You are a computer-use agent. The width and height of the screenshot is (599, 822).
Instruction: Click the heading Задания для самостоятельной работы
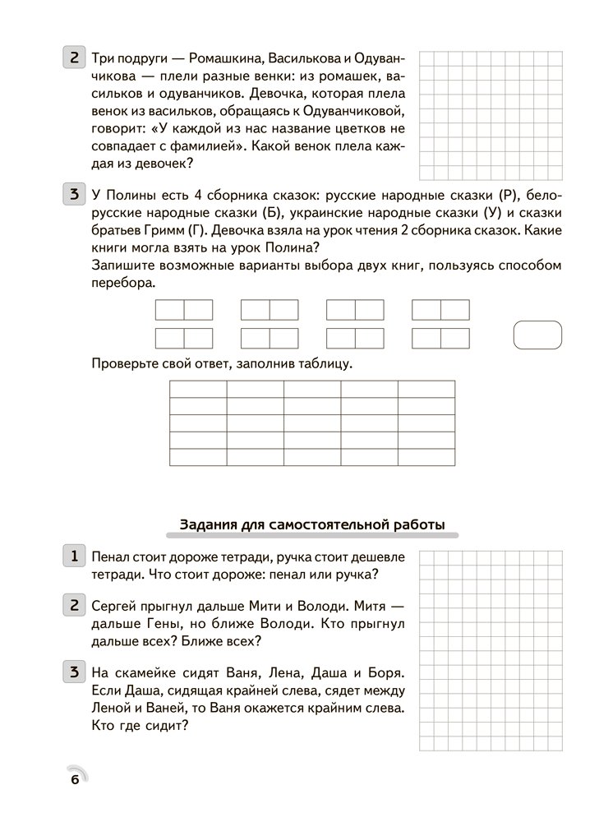coord(311,524)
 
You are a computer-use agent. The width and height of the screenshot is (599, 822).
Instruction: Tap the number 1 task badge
coord(74,556)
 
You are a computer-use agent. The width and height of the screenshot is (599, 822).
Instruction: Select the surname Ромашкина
coord(224,58)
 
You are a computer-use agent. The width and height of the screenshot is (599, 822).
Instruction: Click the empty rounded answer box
coord(537,335)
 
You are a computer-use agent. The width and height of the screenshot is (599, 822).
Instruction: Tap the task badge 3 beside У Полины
coord(74,196)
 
